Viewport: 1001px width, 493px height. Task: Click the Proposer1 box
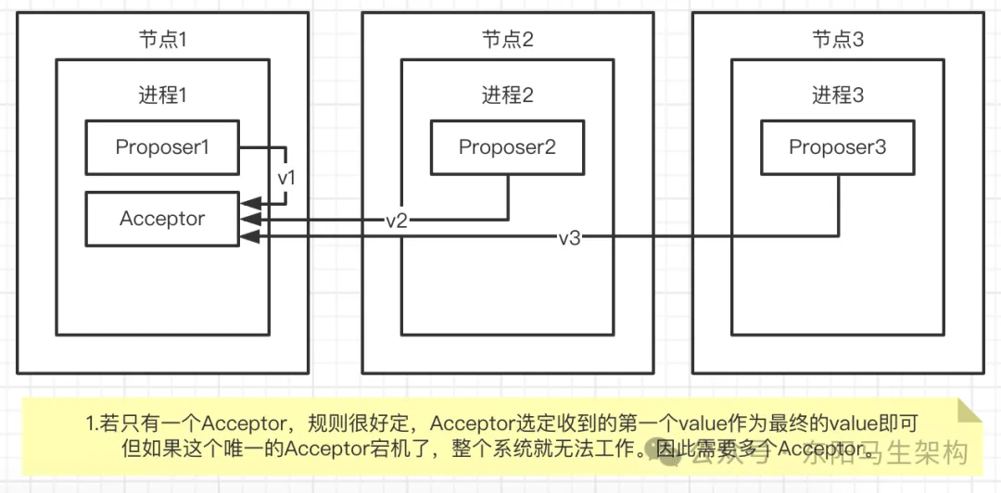[x=161, y=146]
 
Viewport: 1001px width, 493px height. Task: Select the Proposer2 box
[x=507, y=147]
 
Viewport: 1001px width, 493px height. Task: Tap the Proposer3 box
[x=837, y=147]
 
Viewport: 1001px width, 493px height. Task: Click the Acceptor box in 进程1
[x=161, y=220]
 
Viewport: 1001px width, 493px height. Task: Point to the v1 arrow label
[x=287, y=176]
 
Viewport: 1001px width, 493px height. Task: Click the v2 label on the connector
[x=397, y=221]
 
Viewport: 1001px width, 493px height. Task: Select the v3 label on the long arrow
[x=569, y=238]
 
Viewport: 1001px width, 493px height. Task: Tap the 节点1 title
[x=162, y=39]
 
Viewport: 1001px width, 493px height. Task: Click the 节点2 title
[x=507, y=39]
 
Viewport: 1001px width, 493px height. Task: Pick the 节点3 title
[x=838, y=39]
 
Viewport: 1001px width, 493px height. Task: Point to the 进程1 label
[x=162, y=95]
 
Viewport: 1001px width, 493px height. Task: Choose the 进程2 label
[x=507, y=95]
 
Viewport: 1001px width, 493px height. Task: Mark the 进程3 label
[x=838, y=95]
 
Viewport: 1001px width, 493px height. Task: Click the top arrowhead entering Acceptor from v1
[x=246, y=202]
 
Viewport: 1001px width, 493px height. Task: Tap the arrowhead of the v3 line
[x=246, y=238]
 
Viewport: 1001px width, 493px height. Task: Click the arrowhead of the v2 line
[x=246, y=220]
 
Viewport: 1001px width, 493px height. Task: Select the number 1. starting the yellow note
[x=92, y=424]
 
